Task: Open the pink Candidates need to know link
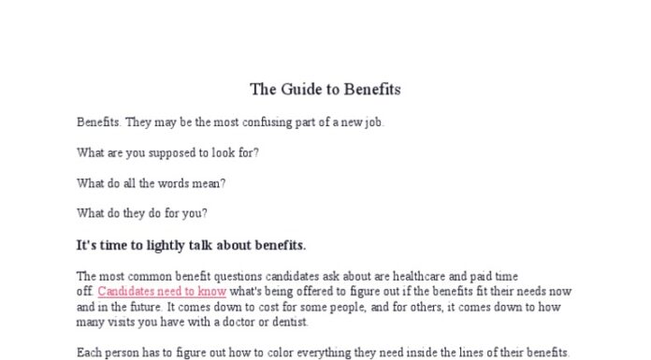pos(162,291)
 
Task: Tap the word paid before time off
pos(489,276)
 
